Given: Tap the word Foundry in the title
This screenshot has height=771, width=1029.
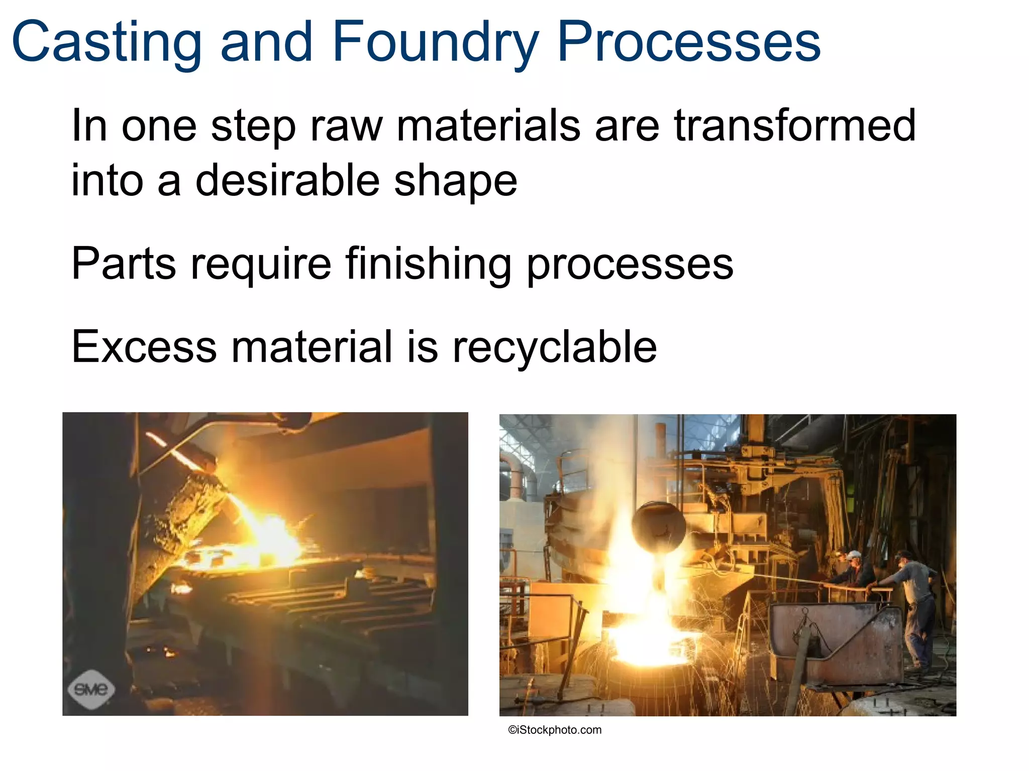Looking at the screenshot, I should (x=435, y=43).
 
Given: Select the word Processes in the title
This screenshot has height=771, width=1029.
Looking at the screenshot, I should (x=689, y=43).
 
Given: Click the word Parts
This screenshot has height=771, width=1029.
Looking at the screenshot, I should (x=124, y=264).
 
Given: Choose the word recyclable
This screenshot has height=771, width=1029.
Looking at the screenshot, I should (x=555, y=347).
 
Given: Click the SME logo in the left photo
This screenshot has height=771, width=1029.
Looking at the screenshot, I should (x=91, y=689).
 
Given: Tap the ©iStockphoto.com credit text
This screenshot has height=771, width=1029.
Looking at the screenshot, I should (x=555, y=730).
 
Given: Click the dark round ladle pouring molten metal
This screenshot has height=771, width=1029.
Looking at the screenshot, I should (x=659, y=527).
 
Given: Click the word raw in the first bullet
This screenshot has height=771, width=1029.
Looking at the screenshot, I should (x=347, y=126).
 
